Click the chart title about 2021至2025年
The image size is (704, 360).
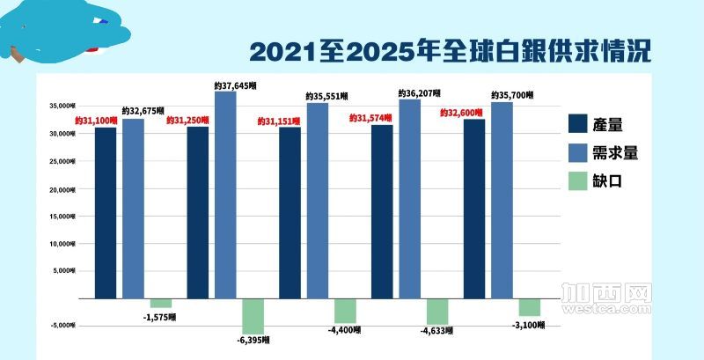point(450,50)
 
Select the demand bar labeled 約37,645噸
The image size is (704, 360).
point(225,194)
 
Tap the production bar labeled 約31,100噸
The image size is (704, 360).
point(106,213)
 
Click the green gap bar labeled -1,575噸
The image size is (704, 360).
point(161,304)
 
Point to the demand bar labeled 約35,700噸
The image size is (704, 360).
point(502,200)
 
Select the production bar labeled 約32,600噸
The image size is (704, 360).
point(474,209)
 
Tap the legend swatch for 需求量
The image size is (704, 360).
point(581,152)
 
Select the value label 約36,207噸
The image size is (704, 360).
point(419,92)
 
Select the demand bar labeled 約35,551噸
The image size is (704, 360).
point(318,201)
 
